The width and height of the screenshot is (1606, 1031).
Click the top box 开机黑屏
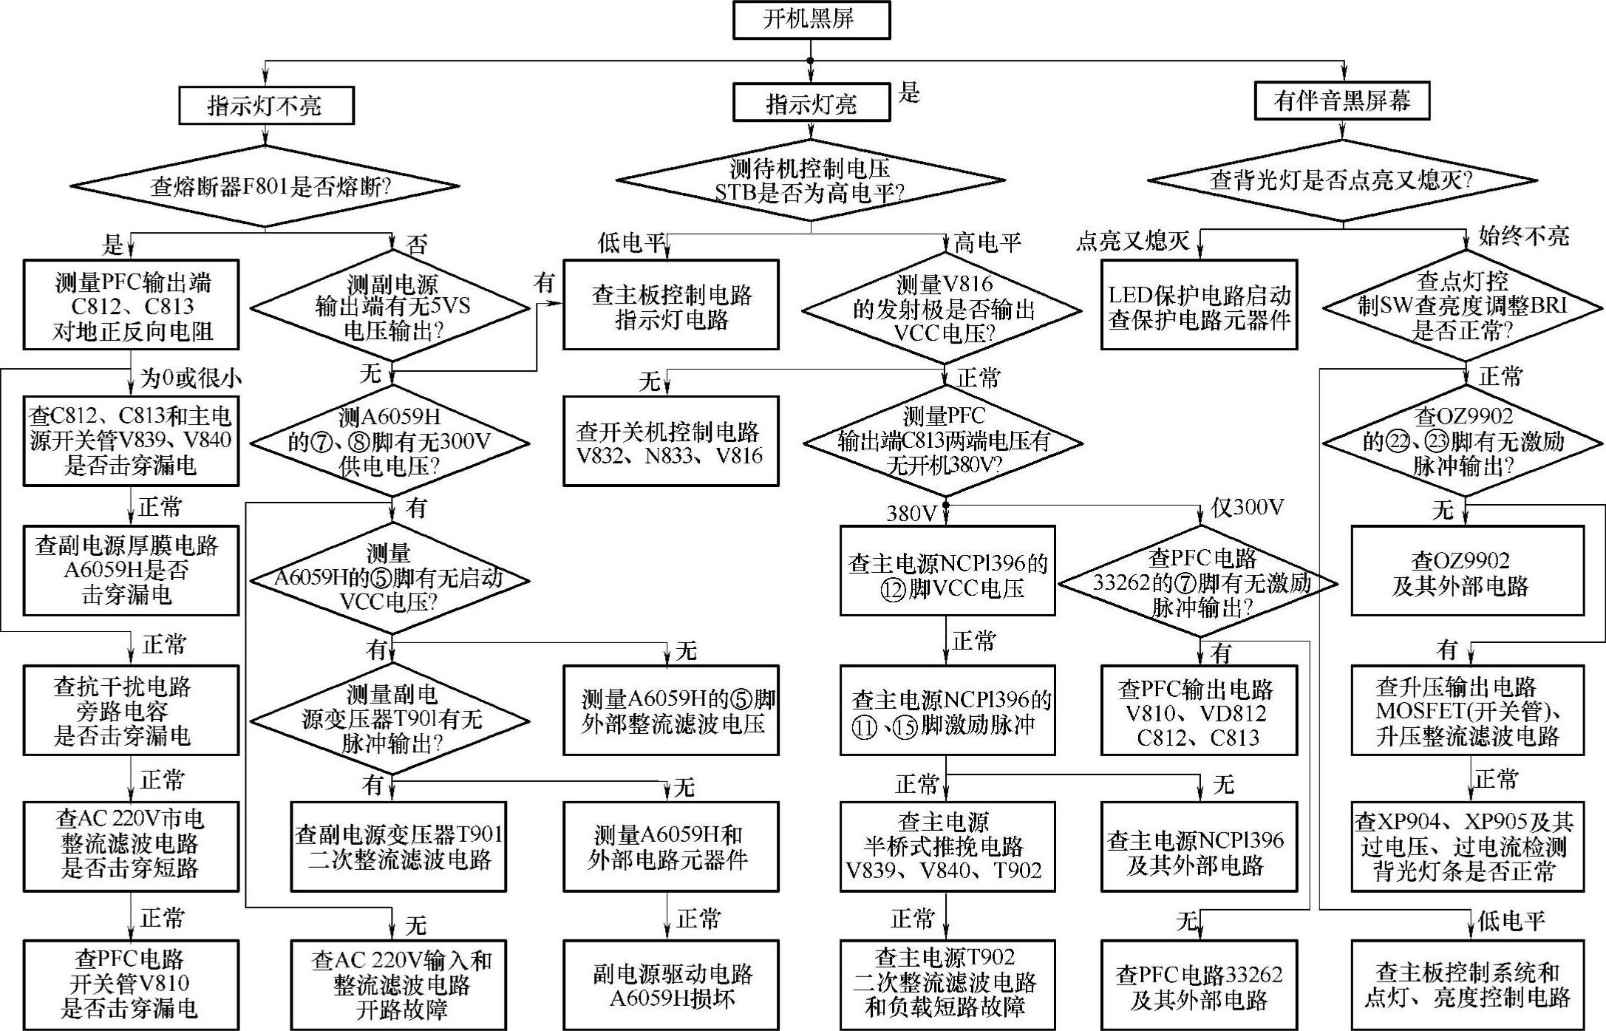coord(811,20)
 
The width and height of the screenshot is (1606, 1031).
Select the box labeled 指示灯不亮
coord(266,106)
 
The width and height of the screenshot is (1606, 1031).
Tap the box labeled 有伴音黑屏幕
coord(1341,101)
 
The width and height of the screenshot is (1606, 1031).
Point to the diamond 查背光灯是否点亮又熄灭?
coord(1341,180)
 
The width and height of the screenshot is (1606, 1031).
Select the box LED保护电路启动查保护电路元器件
coord(1199,304)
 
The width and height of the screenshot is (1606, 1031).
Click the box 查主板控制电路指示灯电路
coord(670,304)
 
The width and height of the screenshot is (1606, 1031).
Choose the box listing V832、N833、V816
coord(670,441)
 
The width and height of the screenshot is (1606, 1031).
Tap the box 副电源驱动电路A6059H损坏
coord(670,985)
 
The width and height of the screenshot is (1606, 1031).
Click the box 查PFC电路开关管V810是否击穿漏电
coord(131,985)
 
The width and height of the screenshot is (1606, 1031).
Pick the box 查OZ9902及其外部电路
coord(1467,571)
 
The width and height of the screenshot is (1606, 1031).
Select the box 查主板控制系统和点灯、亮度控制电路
coord(1467,985)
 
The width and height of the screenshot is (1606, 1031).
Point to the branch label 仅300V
coord(1248,507)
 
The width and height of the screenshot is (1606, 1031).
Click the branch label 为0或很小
coord(191,378)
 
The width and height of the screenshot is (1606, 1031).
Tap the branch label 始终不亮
coord(1522,237)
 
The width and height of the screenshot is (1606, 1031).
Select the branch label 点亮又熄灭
coord(1132,240)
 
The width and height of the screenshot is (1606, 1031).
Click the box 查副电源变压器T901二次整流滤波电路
coord(398,847)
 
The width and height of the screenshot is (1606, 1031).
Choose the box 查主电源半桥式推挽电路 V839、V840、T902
coord(947,847)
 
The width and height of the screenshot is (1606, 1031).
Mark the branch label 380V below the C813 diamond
coord(911,513)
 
